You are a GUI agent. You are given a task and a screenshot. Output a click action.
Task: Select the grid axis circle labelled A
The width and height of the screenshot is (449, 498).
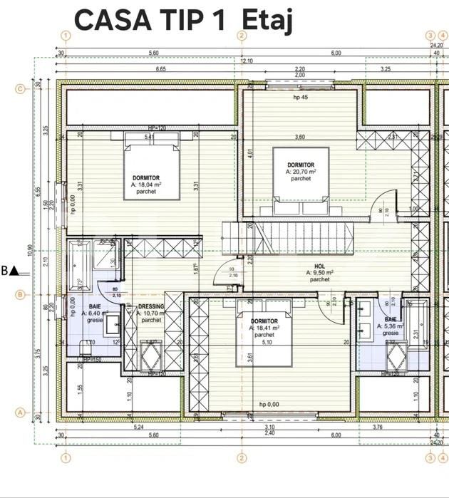pyautogui.click(x=20, y=412)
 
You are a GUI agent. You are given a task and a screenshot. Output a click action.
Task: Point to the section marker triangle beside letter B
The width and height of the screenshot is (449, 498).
pyautogui.click(x=15, y=271)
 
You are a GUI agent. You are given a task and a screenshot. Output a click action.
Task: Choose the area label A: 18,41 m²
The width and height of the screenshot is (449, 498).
pyautogui.click(x=264, y=328)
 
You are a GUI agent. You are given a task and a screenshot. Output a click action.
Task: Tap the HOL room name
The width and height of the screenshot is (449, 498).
pyautogui.click(x=319, y=265)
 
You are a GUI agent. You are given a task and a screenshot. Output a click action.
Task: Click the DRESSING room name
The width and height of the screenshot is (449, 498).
pyautogui.click(x=150, y=306)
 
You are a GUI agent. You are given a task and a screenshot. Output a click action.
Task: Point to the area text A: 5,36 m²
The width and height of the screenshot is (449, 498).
pyautogui.click(x=391, y=326)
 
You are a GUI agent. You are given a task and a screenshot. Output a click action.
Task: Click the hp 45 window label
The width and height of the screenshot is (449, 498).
pyautogui.click(x=301, y=98)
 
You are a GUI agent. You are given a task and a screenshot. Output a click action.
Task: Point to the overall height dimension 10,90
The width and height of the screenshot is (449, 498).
pyautogui.click(x=30, y=249)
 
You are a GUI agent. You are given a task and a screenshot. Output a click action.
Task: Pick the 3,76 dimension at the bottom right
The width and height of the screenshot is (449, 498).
pyautogui.click(x=396, y=427)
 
